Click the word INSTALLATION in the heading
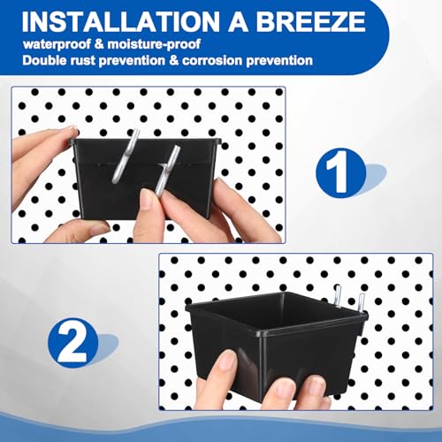pyautogui.click(x=120, y=21)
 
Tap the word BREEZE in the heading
pyautogui.click(x=310, y=21)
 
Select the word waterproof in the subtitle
pyautogui.click(x=57, y=44)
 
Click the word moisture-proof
pyautogui.click(x=154, y=44)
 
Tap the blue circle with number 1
pyautogui.click(x=341, y=172)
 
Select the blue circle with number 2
pyautogui.click(x=72, y=343)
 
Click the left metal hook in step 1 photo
pyautogui.click(x=126, y=156)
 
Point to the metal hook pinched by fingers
pyautogui.click(x=167, y=170)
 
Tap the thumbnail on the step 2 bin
pyautogui.click(x=228, y=360)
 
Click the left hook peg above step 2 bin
pyautogui.click(x=338, y=295)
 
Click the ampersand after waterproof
pyautogui.click(x=99, y=45)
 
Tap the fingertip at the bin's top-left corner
pyautogui.click(x=71, y=131)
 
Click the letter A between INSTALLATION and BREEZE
pyautogui.click(x=238, y=22)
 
